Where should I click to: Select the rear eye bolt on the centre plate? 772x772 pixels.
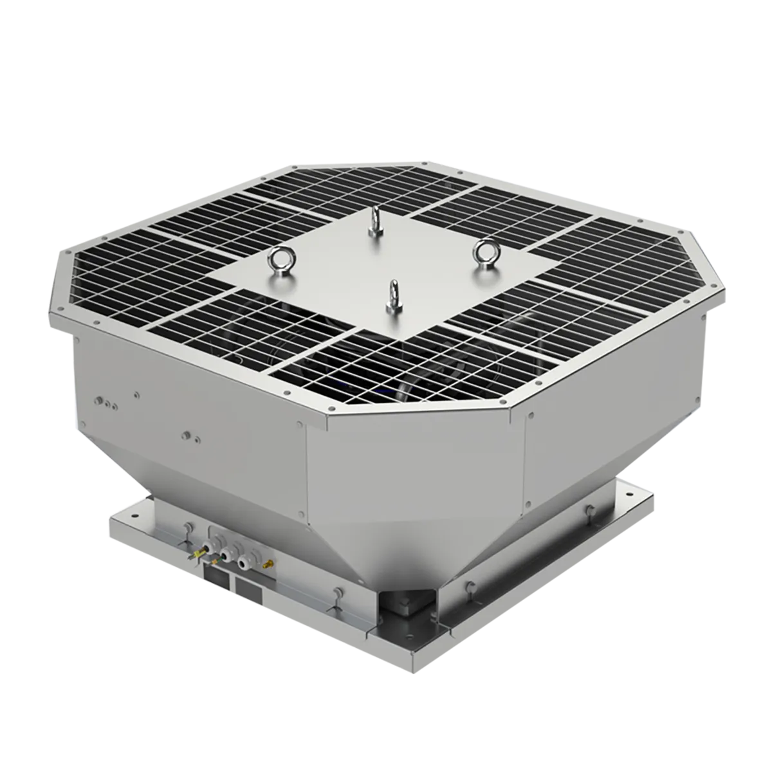click(372, 223)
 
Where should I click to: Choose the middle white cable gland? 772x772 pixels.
click(225, 555)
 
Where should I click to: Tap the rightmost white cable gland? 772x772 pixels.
click(244, 563)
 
